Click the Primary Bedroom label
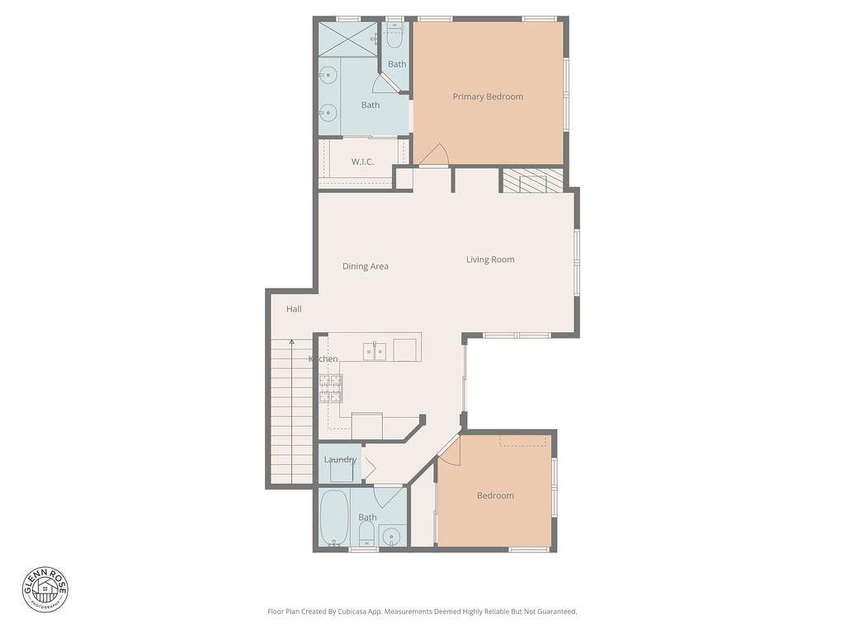[x=488, y=97]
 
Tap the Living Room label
[x=490, y=260]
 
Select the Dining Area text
[x=366, y=266]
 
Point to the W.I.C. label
[x=362, y=162]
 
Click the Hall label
[x=294, y=309]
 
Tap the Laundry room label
[x=340, y=460]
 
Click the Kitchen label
[x=323, y=359]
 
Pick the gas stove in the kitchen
[x=330, y=389]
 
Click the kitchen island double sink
[x=375, y=351]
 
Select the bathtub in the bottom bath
[x=333, y=518]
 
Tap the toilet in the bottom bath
[x=367, y=534]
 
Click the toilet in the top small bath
[x=394, y=39]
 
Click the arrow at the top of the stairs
[x=291, y=342]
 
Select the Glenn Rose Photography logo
[x=45, y=589]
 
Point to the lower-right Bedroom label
[x=495, y=495]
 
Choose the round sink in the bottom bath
[x=391, y=536]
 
